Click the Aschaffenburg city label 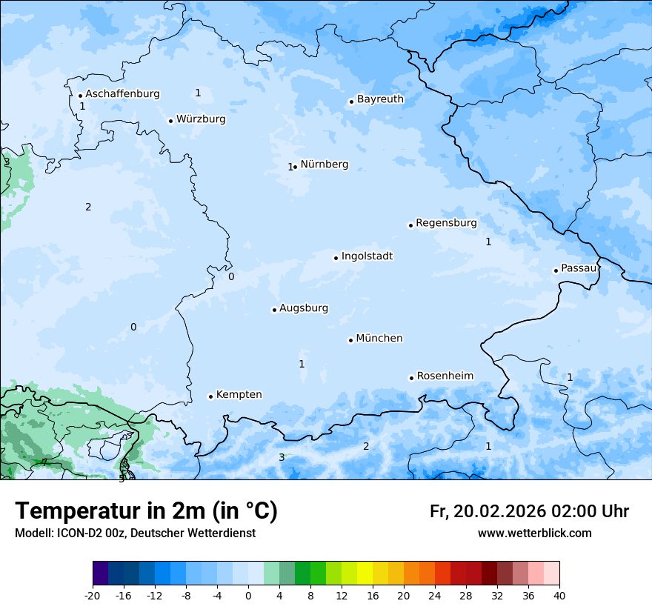click(x=122, y=94)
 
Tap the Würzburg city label click(x=201, y=119)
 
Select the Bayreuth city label click(x=380, y=99)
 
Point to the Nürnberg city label click(x=324, y=164)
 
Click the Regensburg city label click(x=446, y=223)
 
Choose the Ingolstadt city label click(x=367, y=256)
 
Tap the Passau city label click(x=579, y=268)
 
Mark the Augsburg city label click(x=303, y=308)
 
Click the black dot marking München click(x=350, y=340)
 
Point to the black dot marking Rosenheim click(x=411, y=378)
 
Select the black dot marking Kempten click(x=210, y=396)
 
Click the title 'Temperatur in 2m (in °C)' click(x=146, y=511)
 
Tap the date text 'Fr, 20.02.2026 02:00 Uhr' click(x=529, y=511)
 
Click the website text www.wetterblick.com click(x=534, y=533)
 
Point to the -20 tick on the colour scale click(x=93, y=595)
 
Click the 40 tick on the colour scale click(x=559, y=595)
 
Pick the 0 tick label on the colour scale click(x=248, y=595)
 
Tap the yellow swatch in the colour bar click(x=365, y=574)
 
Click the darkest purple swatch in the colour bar click(x=101, y=574)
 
